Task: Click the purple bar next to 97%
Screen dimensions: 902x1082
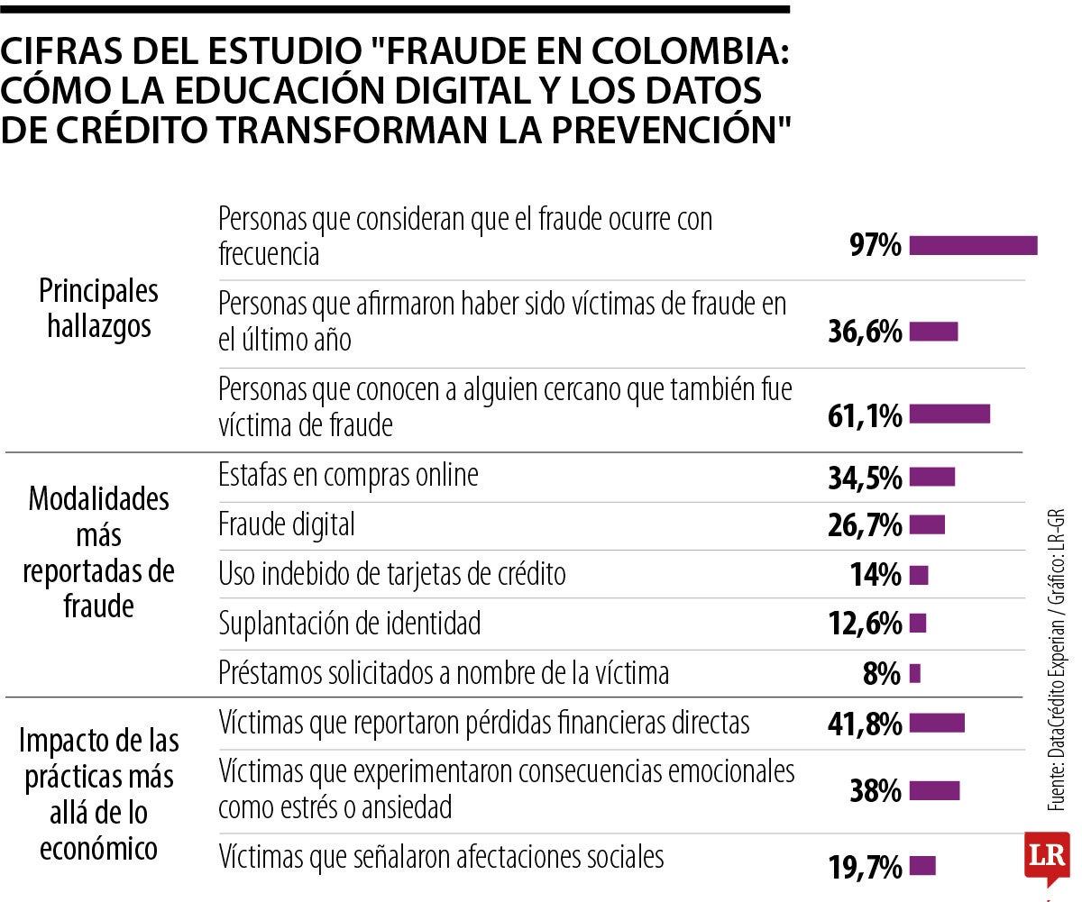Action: coord(973,246)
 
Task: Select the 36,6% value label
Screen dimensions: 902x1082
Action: coord(865,333)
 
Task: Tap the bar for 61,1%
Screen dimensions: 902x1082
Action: coord(949,415)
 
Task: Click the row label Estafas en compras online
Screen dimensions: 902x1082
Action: coord(348,475)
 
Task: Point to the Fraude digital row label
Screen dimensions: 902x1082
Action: coord(287,524)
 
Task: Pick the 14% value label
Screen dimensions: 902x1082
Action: coord(876,575)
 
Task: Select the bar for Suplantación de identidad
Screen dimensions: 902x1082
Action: coord(918,624)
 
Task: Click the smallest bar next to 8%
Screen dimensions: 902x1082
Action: coord(915,673)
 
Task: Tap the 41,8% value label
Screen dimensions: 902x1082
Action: coord(865,723)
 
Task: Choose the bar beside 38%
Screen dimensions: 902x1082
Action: coord(934,791)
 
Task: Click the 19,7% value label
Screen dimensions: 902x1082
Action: coord(865,867)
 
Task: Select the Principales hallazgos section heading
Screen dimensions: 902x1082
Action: coord(99,307)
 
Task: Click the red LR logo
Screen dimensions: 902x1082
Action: coord(1046,855)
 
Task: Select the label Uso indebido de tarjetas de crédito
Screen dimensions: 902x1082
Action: coord(392,574)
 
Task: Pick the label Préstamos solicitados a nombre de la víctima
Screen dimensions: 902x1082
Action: coord(444,672)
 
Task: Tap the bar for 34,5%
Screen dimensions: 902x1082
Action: coord(931,477)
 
